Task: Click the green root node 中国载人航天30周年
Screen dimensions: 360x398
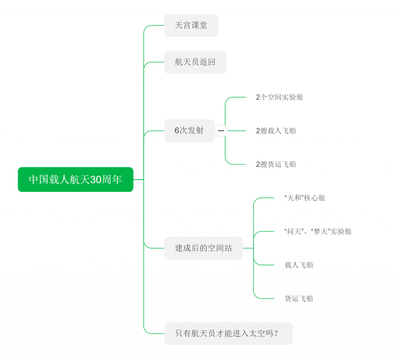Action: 75,180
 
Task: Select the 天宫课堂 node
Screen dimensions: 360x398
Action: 191,26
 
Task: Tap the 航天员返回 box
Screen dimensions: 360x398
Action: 195,62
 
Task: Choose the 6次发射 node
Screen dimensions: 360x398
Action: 189,131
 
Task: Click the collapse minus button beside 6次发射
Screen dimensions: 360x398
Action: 221,131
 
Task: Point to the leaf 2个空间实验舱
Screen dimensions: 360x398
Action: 279,97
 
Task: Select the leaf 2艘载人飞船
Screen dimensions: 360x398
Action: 276,131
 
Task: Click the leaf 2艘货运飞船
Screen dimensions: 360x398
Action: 276,164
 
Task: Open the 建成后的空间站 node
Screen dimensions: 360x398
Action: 204,248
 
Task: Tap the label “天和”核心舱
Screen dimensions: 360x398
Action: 305,198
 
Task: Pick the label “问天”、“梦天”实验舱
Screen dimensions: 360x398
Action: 318,232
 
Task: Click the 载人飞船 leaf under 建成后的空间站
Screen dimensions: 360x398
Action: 299,265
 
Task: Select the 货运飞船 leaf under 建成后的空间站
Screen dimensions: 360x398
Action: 299,299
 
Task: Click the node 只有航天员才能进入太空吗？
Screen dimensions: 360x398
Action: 228,334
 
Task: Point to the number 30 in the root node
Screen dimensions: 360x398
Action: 96,180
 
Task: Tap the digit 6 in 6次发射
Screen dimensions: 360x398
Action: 177,131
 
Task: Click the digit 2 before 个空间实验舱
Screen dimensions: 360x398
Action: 258,97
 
